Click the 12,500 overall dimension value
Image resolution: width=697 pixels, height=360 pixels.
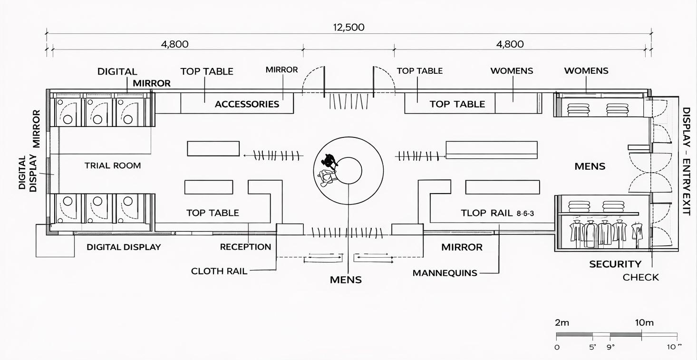pyautogui.click(x=348, y=28)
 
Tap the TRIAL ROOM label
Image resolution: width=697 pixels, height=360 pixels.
pyautogui.click(x=113, y=165)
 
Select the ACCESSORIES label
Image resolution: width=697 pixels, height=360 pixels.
pyautogui.click(x=247, y=104)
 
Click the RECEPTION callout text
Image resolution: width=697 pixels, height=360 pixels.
pyautogui.click(x=245, y=247)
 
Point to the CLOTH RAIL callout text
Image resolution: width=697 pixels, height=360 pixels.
pyautogui.click(x=219, y=271)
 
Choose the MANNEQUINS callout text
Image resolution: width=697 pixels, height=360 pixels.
pyautogui.click(x=445, y=273)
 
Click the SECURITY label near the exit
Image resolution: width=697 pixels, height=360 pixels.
pyautogui.click(x=615, y=264)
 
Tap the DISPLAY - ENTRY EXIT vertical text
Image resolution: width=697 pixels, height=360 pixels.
pyautogui.click(x=686, y=161)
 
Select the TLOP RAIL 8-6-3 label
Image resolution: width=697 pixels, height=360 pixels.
pyautogui.click(x=497, y=213)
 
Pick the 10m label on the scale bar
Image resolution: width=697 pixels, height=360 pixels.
pyautogui.click(x=644, y=322)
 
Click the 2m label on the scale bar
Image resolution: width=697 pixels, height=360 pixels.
pyautogui.click(x=562, y=322)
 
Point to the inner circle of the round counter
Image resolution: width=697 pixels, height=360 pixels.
pyautogui.click(x=349, y=170)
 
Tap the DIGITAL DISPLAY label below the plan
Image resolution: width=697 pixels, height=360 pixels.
pyautogui.click(x=124, y=247)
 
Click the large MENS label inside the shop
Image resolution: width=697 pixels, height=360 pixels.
pyautogui.click(x=590, y=166)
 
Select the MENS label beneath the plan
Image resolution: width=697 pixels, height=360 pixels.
pyautogui.click(x=346, y=280)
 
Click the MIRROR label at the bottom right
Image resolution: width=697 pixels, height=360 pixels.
pyautogui.click(x=462, y=247)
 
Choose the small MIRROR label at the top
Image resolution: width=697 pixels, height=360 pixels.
pyautogui.click(x=281, y=70)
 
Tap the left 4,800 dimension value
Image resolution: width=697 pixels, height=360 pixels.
pyautogui.click(x=174, y=44)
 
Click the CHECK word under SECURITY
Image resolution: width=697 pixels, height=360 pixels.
pyautogui.click(x=641, y=277)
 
